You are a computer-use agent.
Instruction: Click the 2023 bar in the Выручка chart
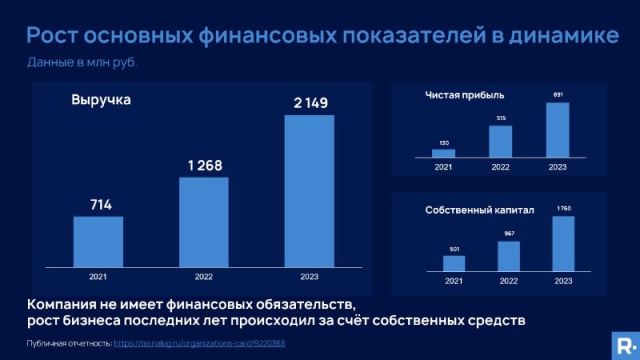[x=310, y=191]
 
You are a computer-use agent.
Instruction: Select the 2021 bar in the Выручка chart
[x=98, y=242]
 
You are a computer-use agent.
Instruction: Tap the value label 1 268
[x=205, y=166]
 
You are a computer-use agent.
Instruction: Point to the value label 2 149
[x=310, y=103]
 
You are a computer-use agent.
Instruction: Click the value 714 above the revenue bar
[x=101, y=205]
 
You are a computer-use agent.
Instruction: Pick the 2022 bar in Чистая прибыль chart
[x=501, y=142]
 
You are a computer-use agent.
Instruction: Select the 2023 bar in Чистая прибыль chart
[x=558, y=130]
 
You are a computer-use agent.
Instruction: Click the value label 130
[x=444, y=143]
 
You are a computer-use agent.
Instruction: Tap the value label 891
[x=558, y=94]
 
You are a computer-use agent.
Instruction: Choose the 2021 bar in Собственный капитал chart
[x=454, y=263]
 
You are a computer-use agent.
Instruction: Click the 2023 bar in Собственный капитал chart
[x=563, y=244]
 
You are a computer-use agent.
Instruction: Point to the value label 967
[x=509, y=234]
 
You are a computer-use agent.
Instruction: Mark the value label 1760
[x=564, y=209]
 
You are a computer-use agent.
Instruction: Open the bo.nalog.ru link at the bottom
[x=199, y=343]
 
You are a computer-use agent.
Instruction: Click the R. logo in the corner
[x=626, y=346]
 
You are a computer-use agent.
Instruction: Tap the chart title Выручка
[x=101, y=99]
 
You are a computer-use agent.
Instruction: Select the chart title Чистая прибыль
[x=465, y=95]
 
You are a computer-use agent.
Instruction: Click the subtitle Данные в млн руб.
[x=82, y=62]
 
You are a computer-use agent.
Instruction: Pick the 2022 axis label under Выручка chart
[x=204, y=277]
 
